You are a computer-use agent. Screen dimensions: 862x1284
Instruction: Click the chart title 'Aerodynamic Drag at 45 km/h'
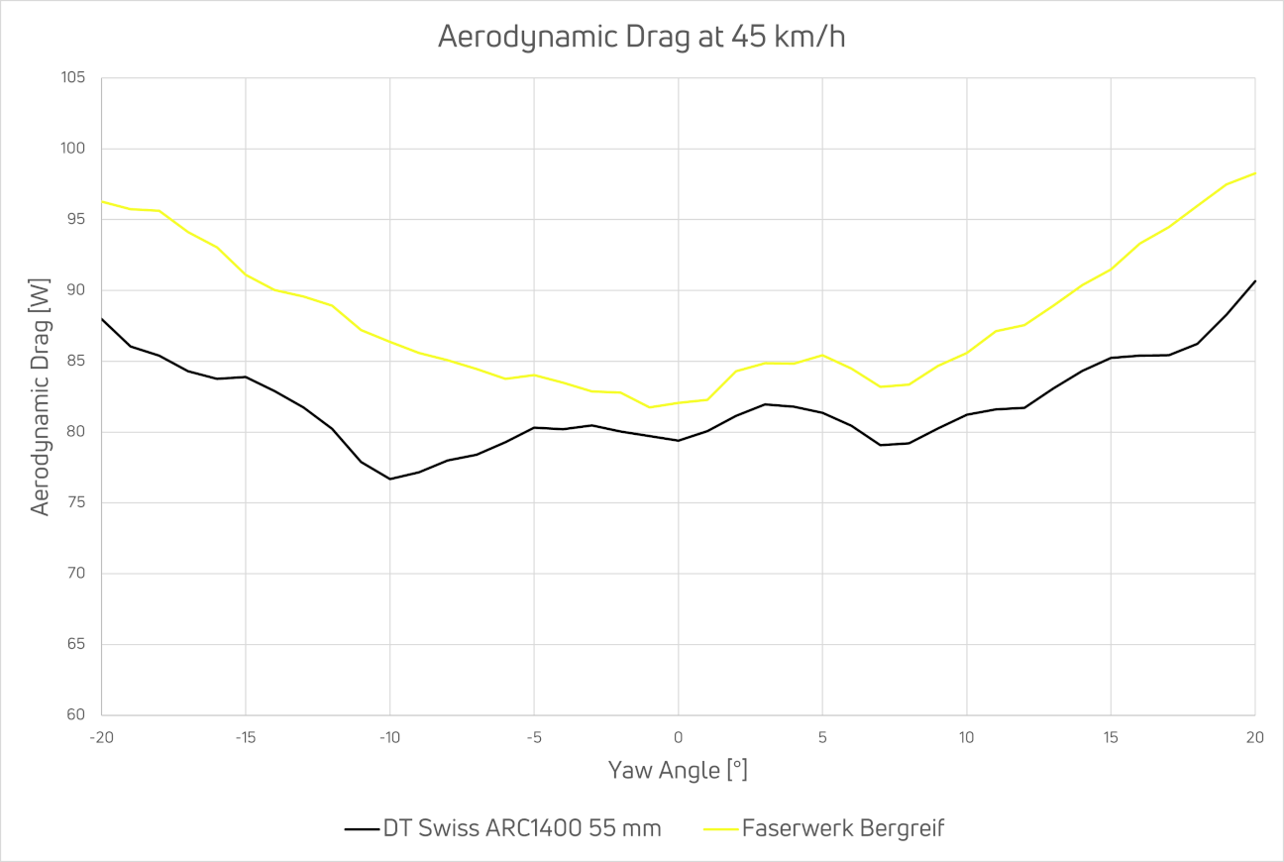click(x=641, y=37)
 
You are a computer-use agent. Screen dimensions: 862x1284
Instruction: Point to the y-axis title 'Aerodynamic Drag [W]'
click(x=40, y=396)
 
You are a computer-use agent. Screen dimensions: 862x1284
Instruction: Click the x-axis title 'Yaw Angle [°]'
click(x=678, y=770)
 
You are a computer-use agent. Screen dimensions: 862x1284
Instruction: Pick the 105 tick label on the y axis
click(x=73, y=78)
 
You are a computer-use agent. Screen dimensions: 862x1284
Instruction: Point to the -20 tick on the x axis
click(x=102, y=737)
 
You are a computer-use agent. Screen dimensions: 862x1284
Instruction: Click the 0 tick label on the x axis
click(x=679, y=737)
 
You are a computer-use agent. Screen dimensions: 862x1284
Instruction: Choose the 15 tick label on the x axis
click(x=1111, y=737)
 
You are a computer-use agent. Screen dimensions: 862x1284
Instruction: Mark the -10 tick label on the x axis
click(x=389, y=737)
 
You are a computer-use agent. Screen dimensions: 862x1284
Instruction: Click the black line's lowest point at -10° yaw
click(x=390, y=479)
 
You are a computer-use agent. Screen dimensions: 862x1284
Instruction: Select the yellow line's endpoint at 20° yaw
click(x=1254, y=173)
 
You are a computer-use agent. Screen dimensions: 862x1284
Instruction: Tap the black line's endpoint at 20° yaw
click(x=1254, y=281)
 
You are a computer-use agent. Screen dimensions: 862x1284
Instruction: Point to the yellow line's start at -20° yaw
click(x=102, y=201)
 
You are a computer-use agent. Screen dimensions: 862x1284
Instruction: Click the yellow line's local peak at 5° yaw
click(x=822, y=355)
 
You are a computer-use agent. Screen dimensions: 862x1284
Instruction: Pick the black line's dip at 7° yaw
click(x=880, y=445)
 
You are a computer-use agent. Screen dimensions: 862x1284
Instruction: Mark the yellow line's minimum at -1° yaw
click(x=650, y=407)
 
